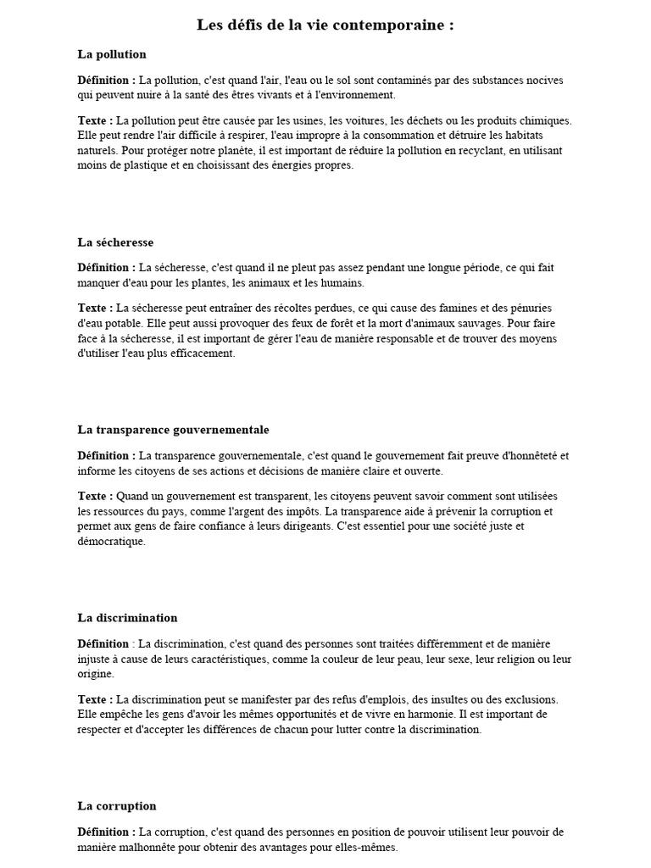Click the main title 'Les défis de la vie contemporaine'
click(325, 25)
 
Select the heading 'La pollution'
click(112, 54)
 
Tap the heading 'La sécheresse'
click(115, 242)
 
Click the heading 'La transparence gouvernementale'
click(173, 430)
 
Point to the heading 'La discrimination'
click(127, 618)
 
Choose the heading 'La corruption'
click(117, 806)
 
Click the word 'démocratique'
click(111, 542)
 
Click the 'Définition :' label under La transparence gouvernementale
click(107, 456)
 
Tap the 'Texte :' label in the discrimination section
click(95, 700)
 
